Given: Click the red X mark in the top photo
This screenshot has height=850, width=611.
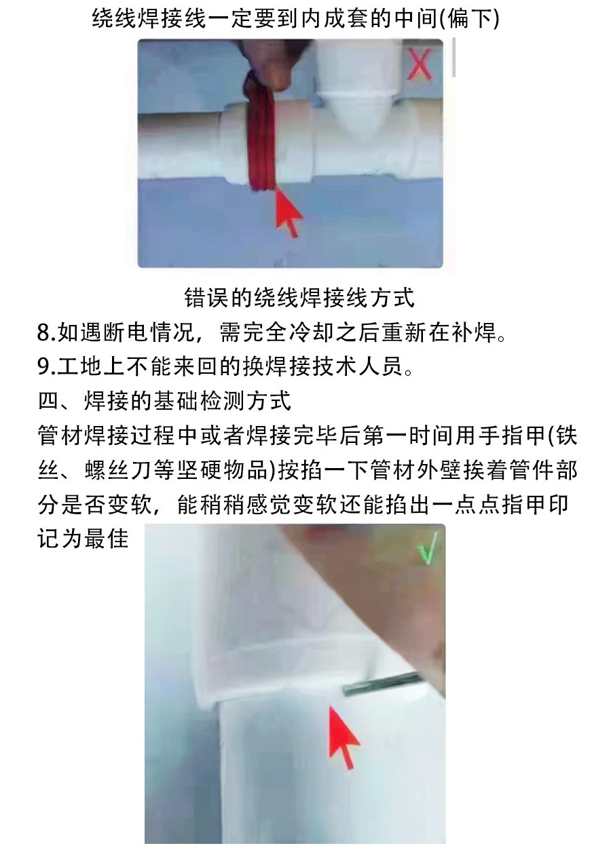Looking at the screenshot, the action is pyautogui.click(x=420, y=64).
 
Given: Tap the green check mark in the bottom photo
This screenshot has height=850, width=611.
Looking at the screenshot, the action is pyautogui.click(x=427, y=549).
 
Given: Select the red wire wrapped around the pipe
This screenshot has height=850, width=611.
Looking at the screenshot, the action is pyautogui.click(x=261, y=136).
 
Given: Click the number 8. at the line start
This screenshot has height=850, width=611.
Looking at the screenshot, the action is pyautogui.click(x=47, y=332).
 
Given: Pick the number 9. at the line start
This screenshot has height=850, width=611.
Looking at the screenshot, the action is pyautogui.click(x=47, y=366).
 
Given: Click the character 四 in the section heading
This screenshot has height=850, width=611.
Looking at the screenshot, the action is pyautogui.click(x=49, y=401).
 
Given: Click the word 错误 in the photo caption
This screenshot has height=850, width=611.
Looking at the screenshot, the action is pyautogui.click(x=206, y=298).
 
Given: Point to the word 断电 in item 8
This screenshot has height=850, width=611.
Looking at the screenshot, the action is pyautogui.click(x=125, y=332).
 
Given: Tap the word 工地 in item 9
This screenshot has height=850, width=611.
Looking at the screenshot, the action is pyautogui.click(x=79, y=366).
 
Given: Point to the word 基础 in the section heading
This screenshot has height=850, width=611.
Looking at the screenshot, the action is pyautogui.click(x=176, y=401).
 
